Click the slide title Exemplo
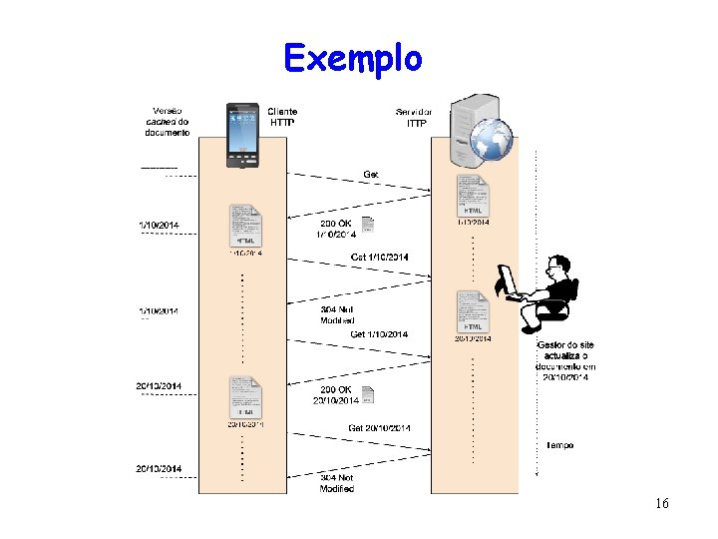click(352, 58)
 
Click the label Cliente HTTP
click(282, 117)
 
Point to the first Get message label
click(371, 175)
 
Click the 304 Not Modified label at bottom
click(337, 483)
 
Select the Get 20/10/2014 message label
click(379, 428)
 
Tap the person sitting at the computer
click(538, 291)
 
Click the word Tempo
click(558, 445)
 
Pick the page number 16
click(662, 503)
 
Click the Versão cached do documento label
click(167, 121)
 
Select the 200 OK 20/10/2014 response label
click(338, 395)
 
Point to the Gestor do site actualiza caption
click(565, 361)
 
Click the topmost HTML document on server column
click(473, 196)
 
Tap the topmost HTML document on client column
click(245, 226)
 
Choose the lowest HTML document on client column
click(245, 397)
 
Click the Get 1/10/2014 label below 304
click(379, 334)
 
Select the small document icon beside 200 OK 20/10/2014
click(367, 394)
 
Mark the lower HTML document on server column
click(473, 311)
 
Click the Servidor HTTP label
click(415, 118)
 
